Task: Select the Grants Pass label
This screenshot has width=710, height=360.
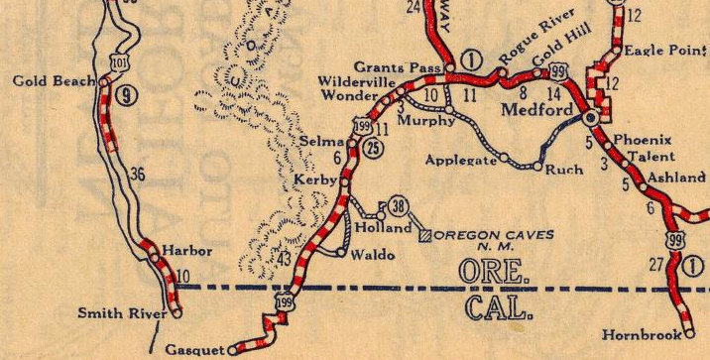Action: pyautogui.click(x=397, y=66)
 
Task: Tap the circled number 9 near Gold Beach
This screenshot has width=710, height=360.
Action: pyautogui.click(x=124, y=95)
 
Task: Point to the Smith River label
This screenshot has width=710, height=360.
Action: pyautogui.click(x=123, y=314)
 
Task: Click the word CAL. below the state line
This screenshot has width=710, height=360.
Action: pyautogui.click(x=499, y=308)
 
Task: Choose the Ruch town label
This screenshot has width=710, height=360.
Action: pyautogui.click(x=565, y=170)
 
